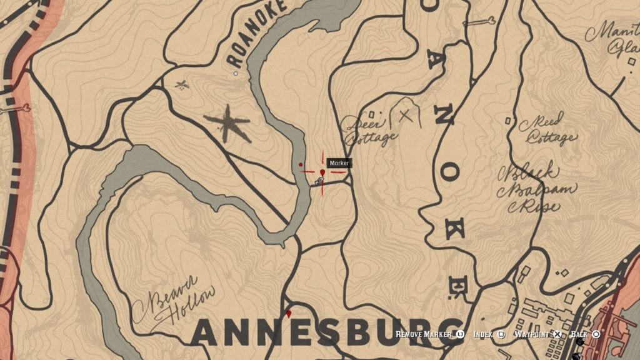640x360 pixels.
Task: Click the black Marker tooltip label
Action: tap(339, 163)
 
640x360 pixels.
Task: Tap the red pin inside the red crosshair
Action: tap(322, 172)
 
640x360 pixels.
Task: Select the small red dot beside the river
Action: tap(301, 165)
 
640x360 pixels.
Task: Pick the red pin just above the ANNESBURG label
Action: tap(288, 312)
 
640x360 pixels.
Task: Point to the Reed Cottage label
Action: tap(549, 129)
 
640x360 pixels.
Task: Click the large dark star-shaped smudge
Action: tap(227, 122)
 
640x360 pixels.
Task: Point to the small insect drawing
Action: tap(182, 84)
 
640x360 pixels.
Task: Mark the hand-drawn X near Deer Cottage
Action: tap(406, 115)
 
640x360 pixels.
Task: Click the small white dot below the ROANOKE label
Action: tap(236, 74)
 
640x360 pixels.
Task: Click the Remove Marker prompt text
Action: tap(423, 334)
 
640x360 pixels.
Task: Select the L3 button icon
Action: tap(460, 334)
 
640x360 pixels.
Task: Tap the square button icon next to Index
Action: tap(501, 334)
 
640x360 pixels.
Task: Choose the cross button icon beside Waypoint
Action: tap(557, 334)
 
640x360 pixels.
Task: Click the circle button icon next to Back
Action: tap(596, 334)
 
